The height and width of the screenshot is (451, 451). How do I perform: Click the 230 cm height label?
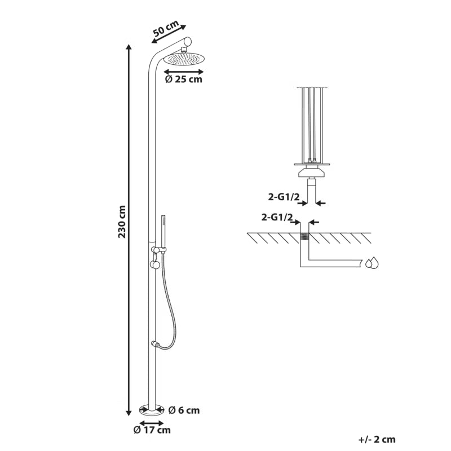122,222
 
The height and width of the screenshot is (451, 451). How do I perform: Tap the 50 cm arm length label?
165,28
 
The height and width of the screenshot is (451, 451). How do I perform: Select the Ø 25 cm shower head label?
184,79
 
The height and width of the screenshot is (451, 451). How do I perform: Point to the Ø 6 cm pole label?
184,410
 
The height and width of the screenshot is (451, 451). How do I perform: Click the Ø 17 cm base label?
152,430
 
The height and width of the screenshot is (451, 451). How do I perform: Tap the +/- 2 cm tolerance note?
377,440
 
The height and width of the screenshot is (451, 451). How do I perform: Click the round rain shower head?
184,59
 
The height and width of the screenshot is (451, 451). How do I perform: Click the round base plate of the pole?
152,410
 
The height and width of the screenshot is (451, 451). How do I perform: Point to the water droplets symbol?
372,262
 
